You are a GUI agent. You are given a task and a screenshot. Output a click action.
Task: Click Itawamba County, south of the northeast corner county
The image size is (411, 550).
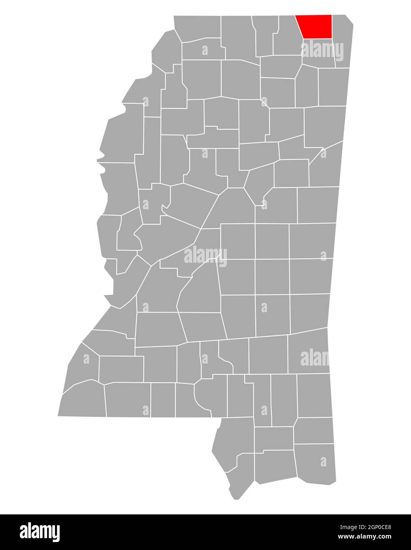coord(334,87)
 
